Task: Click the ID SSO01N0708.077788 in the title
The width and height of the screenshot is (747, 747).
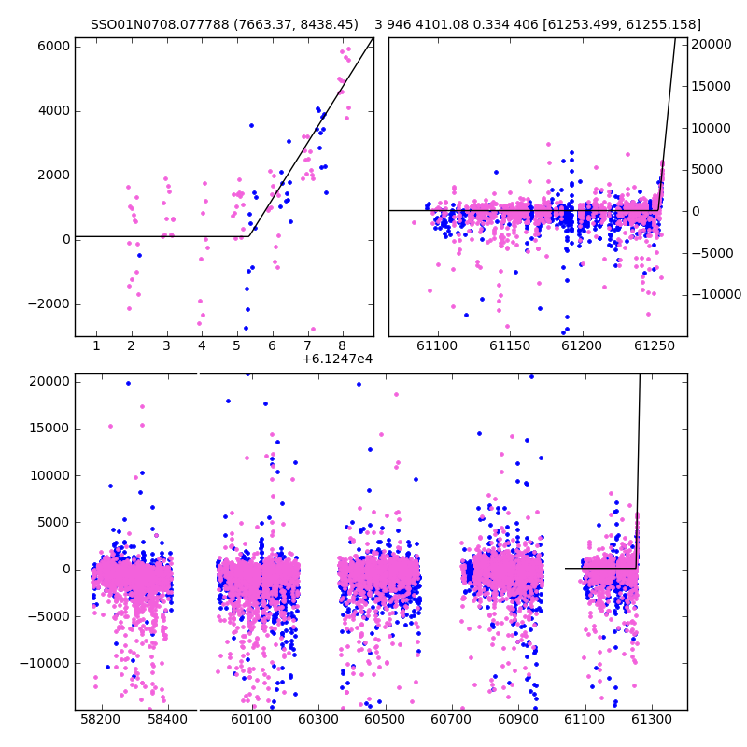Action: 160,25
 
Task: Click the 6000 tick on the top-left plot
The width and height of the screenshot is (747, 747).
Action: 54,47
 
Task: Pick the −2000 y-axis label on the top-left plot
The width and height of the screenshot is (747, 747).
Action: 49,304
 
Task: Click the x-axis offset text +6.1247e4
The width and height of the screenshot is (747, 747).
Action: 337,359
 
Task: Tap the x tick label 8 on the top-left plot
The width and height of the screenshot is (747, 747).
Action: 342,345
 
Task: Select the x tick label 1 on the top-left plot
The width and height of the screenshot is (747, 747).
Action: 96,345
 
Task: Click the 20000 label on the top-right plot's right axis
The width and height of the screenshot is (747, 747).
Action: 712,44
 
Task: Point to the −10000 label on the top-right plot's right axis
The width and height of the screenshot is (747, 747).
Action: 716,295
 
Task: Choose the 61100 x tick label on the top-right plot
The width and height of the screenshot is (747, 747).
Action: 437,345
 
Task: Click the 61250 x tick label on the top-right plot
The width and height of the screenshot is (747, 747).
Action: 655,345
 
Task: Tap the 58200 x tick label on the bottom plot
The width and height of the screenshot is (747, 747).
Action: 101,719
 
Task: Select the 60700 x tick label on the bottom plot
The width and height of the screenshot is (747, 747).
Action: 451,719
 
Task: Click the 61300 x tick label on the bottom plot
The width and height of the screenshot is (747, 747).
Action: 651,719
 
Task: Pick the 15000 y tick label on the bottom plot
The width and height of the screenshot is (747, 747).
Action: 50,429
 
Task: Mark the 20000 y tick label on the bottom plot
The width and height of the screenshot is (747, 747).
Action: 50,382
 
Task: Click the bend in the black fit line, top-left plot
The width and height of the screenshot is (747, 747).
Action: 248,236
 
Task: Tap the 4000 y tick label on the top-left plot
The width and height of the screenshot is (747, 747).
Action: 54,111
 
